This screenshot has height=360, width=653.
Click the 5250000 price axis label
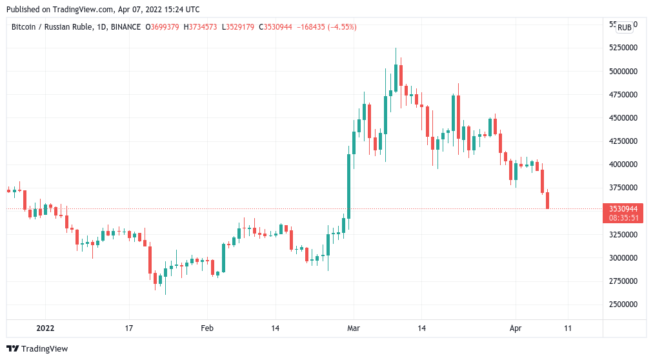click(623, 48)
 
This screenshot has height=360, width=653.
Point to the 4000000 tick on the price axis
click(623, 165)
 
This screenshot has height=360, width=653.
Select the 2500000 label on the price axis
click(623, 305)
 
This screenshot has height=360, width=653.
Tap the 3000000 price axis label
click(623, 258)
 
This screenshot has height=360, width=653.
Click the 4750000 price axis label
click(623, 95)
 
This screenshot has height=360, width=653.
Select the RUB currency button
click(624, 28)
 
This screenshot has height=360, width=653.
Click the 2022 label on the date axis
click(45, 328)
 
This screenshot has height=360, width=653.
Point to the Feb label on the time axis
click(206, 328)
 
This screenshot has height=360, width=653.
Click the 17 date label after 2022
click(129, 328)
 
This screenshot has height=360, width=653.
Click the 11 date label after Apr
click(568, 328)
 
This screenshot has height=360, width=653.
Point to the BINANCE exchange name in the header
click(125, 27)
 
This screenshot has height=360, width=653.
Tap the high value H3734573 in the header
click(201, 27)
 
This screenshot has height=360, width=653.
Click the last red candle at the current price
click(548, 200)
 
